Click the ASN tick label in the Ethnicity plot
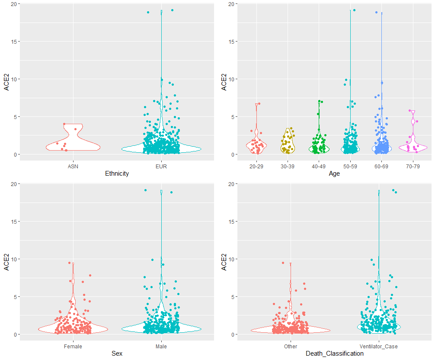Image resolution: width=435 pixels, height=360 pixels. point(73,166)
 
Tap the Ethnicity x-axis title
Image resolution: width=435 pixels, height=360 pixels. point(117,174)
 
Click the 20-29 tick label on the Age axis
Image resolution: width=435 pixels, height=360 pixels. point(256,166)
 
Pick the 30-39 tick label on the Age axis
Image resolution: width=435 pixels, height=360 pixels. point(288,166)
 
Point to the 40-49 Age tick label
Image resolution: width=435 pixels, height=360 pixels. point(319,166)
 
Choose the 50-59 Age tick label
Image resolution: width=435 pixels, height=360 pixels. point(350,166)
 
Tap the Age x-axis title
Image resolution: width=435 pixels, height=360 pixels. point(334,174)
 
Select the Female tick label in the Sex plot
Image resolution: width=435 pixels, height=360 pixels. point(73,346)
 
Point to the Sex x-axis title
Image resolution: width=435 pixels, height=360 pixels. point(117,354)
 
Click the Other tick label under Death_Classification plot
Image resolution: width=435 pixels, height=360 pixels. point(291,346)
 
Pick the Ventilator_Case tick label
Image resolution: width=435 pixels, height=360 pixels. point(378,346)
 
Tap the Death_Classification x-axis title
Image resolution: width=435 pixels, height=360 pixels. point(334,354)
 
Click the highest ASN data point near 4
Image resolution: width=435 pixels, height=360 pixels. point(64,124)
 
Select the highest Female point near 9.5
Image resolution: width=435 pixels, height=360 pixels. point(69,263)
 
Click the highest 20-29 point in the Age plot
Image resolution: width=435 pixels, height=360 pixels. point(259,104)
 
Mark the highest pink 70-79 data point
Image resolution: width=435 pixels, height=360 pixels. point(409,111)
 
